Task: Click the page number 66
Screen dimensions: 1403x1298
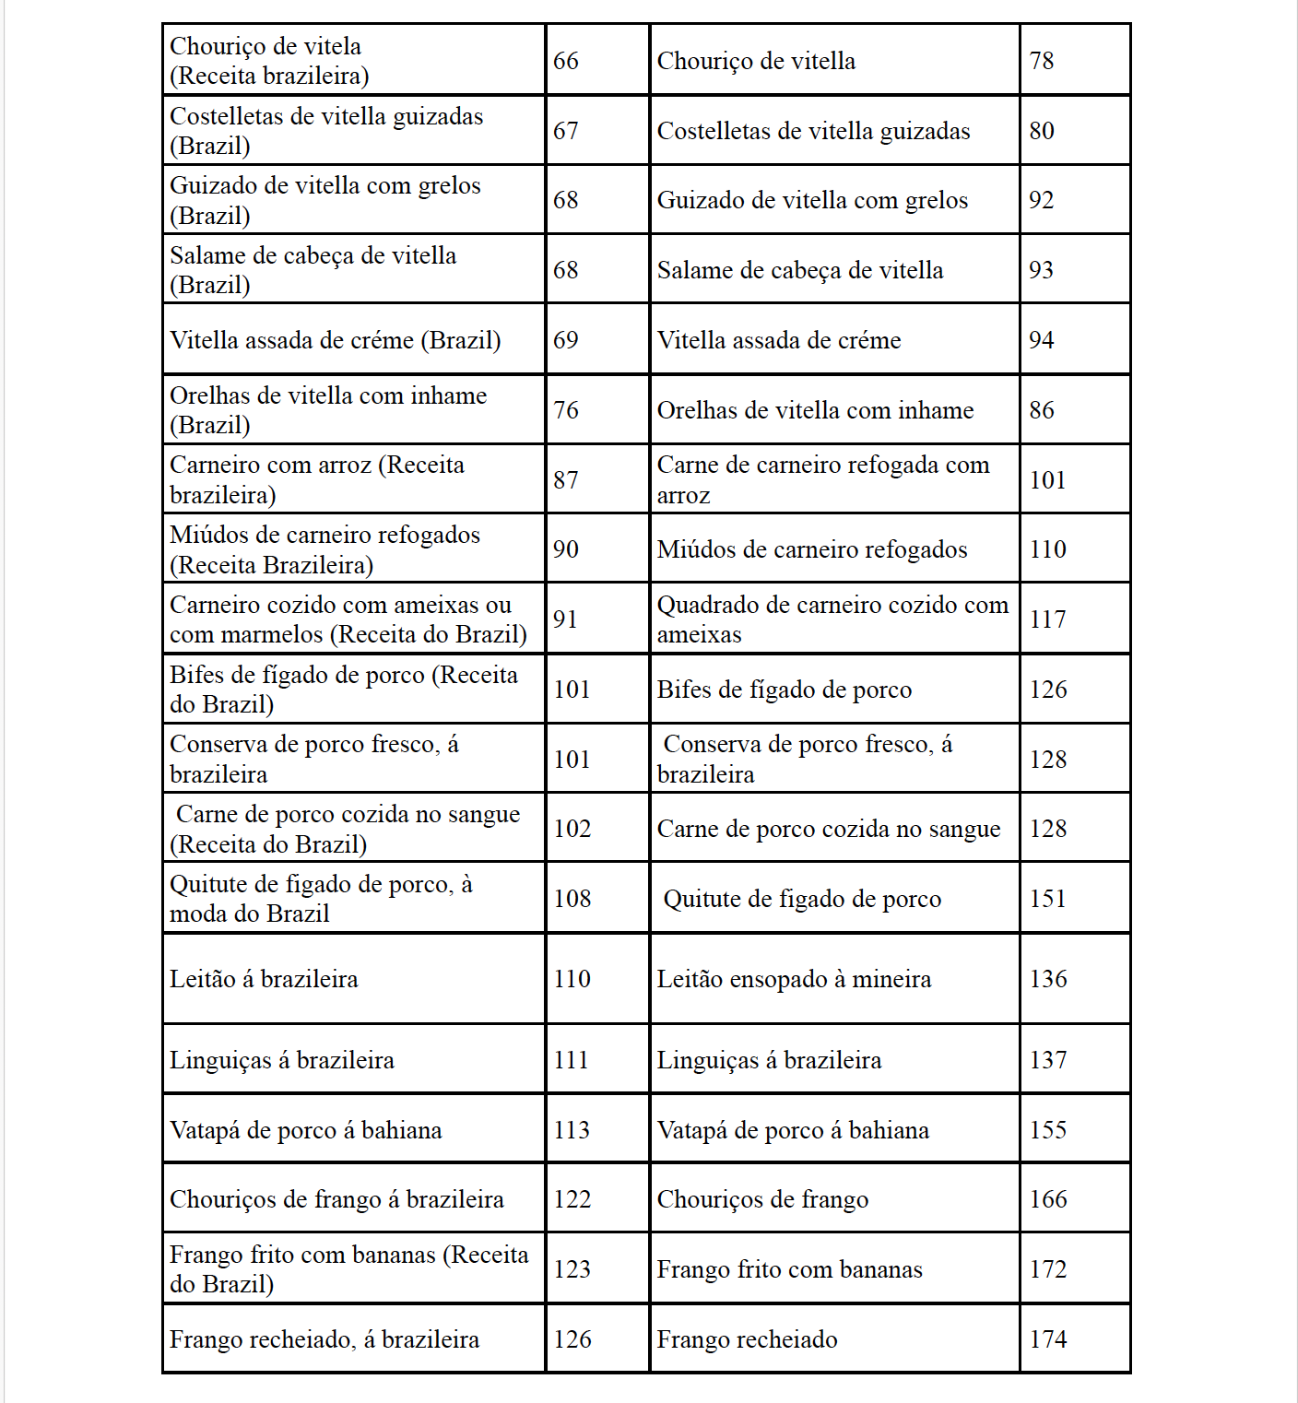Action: point(566,61)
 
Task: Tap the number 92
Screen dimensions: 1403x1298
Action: point(1042,200)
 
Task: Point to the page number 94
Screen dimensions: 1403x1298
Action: point(1042,340)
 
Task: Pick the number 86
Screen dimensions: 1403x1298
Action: point(1042,410)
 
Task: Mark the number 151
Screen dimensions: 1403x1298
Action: point(1047,899)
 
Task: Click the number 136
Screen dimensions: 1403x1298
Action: point(1048,979)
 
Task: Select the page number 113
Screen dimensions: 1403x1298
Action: point(572,1130)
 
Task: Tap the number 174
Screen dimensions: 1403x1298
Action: point(1048,1339)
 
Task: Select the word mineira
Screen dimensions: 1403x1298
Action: point(891,979)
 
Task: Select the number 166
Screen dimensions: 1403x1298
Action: point(1048,1199)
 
